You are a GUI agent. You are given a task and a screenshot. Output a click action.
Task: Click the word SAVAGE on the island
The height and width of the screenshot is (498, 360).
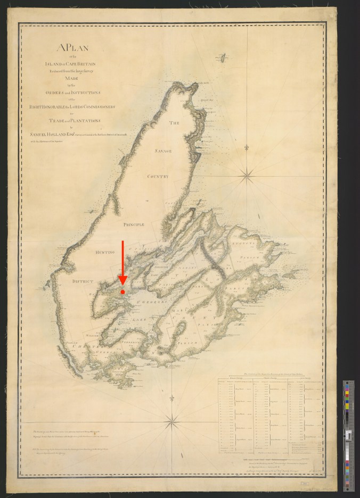pos(163,152)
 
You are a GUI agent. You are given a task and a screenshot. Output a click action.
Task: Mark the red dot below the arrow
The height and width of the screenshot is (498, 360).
pos(122,292)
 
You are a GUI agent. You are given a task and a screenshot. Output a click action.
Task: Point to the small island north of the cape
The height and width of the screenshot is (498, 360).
pos(224,56)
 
